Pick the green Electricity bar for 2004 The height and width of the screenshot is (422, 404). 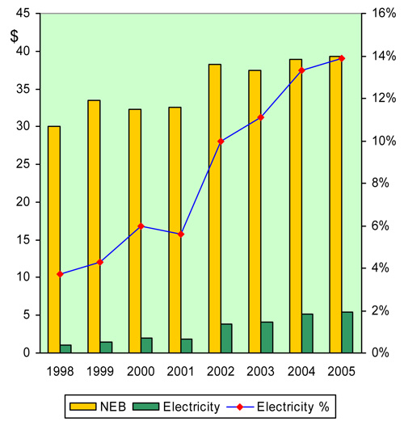click(307, 333)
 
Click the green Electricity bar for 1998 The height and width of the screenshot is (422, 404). click(66, 348)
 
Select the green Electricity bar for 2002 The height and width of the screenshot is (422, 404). click(227, 338)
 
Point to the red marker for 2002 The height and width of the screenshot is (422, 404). click(221, 141)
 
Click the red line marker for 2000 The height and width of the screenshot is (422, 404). click(141, 226)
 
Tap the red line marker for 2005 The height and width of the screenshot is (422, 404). click(341, 58)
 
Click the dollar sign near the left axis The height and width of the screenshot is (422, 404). click(15, 36)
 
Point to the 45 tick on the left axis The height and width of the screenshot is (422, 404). click(24, 14)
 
